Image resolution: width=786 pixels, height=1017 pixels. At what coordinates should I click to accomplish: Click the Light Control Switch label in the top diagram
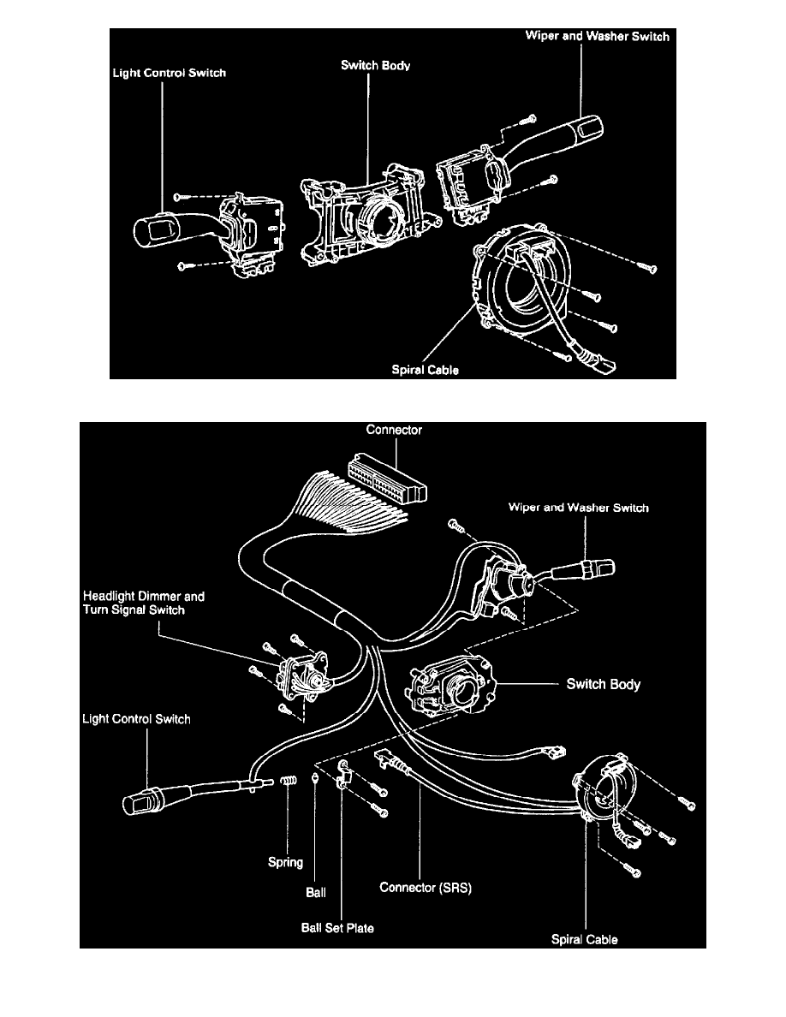point(170,74)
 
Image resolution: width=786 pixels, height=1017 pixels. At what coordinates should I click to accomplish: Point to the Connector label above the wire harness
point(394,431)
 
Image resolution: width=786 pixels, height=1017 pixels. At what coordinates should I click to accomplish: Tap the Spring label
point(286,862)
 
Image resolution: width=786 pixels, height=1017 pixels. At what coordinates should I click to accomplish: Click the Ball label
point(317,891)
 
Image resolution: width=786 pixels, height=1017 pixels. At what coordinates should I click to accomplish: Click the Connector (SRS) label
point(426,888)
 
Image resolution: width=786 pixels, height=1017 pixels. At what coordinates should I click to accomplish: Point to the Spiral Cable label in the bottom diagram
point(585,939)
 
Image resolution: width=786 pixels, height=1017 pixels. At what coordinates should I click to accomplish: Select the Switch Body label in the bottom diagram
point(604,685)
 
